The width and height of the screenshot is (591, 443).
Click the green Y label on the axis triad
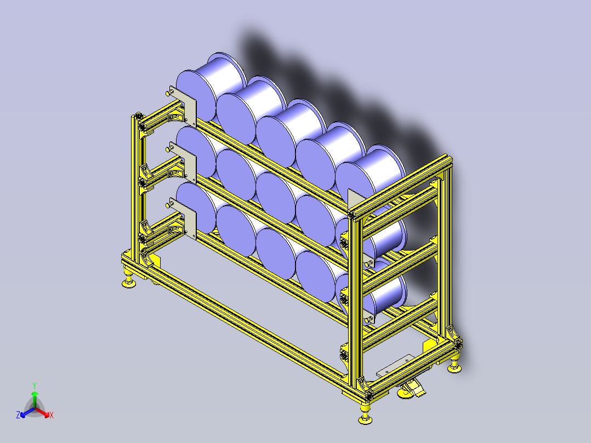point(34,385)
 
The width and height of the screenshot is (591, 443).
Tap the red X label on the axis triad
point(51,416)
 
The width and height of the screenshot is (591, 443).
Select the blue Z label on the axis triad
point(18,416)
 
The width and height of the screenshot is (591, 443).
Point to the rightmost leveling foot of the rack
point(454,366)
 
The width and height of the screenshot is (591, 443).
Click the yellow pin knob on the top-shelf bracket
point(167,94)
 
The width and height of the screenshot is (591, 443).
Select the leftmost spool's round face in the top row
point(192,98)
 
